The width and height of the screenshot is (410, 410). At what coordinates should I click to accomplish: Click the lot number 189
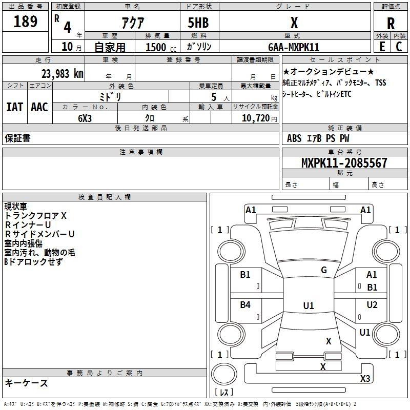point(25,21)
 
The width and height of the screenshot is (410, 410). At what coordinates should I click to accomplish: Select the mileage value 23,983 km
point(63,74)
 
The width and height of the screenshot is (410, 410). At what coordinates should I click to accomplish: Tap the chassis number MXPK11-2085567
point(344,162)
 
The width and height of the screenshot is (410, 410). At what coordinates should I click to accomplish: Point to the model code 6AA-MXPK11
point(294,47)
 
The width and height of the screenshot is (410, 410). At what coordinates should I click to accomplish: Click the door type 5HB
point(198,23)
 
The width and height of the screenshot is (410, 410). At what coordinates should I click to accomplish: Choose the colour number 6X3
point(85,118)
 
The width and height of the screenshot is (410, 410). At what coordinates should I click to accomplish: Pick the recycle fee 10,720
point(256,118)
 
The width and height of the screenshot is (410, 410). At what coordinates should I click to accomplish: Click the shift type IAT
point(15,107)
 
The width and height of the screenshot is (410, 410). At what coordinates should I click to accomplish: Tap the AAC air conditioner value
point(39,107)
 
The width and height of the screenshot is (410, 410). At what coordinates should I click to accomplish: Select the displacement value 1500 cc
point(161,47)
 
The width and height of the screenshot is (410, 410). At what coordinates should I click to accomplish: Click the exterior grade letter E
point(382,47)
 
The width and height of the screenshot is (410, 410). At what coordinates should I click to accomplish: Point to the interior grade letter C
point(399,47)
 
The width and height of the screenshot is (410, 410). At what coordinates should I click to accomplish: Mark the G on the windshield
point(324,270)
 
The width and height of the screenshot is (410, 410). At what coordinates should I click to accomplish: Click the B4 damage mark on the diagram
point(245,304)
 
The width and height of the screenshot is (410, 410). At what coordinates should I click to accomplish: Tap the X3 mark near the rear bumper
point(365,378)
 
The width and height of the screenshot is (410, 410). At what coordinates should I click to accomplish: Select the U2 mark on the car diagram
point(372,304)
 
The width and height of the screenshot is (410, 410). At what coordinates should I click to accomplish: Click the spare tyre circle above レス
point(224,375)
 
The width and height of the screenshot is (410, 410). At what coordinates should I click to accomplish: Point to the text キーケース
point(26,383)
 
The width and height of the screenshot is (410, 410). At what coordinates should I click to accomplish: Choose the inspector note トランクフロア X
point(35,216)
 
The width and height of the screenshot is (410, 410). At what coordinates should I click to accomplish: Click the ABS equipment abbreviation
point(294,138)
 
